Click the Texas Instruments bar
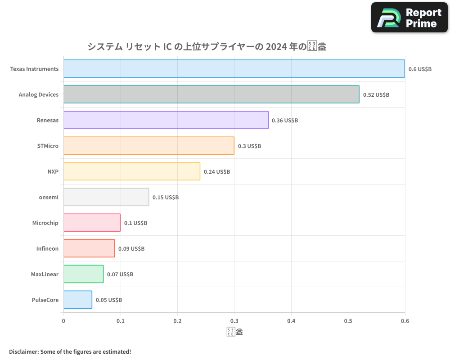[x=234, y=69]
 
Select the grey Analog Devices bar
[x=211, y=94]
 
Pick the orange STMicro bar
[x=148, y=146]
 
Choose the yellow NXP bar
[x=131, y=171]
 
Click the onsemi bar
[x=106, y=197]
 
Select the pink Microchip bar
[x=92, y=223]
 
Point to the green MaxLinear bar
[x=83, y=274]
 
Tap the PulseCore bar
[x=77, y=300]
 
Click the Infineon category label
[x=47, y=248]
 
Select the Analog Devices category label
[x=39, y=94]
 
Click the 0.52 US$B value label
[x=376, y=95]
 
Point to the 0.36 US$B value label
[x=285, y=121]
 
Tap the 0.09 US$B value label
[x=131, y=248]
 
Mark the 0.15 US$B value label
[x=166, y=198]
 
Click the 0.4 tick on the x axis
[x=291, y=321]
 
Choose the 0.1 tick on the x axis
[x=121, y=321]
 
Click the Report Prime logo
[x=409, y=17]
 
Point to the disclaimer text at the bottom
[x=70, y=351]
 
